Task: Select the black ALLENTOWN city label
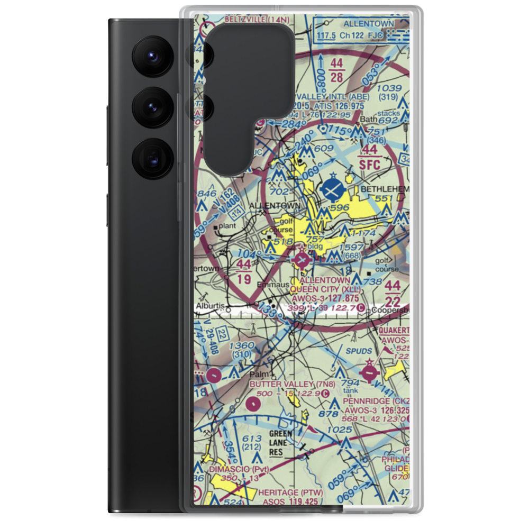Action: (x=275, y=205)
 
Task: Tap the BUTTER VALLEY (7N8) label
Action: (x=293, y=384)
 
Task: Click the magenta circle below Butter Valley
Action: (x=253, y=405)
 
